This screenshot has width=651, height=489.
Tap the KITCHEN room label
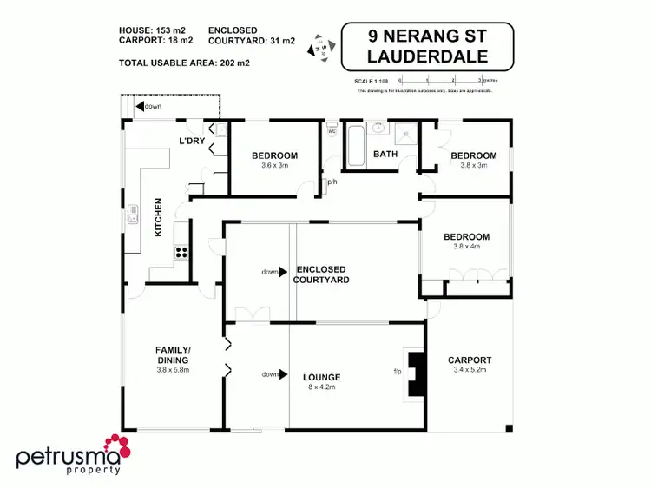[158, 218]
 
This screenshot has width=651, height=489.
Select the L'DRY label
[191, 141]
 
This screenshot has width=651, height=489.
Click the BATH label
[385, 155]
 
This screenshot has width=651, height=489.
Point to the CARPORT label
[470, 360]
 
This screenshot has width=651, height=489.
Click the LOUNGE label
[321, 377]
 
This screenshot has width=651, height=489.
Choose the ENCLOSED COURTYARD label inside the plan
[321, 274]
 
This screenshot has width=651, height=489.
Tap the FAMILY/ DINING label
[173, 355]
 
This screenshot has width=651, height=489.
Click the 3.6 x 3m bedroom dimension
[274, 165]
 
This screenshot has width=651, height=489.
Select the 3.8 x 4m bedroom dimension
[466, 247]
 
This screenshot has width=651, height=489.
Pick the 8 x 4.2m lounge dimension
[321, 387]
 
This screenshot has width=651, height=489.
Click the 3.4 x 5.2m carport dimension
[470, 370]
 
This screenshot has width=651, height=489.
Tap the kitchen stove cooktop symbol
[182, 253]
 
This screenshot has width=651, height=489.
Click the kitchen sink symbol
[133, 214]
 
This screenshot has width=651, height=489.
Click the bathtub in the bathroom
[355, 146]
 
